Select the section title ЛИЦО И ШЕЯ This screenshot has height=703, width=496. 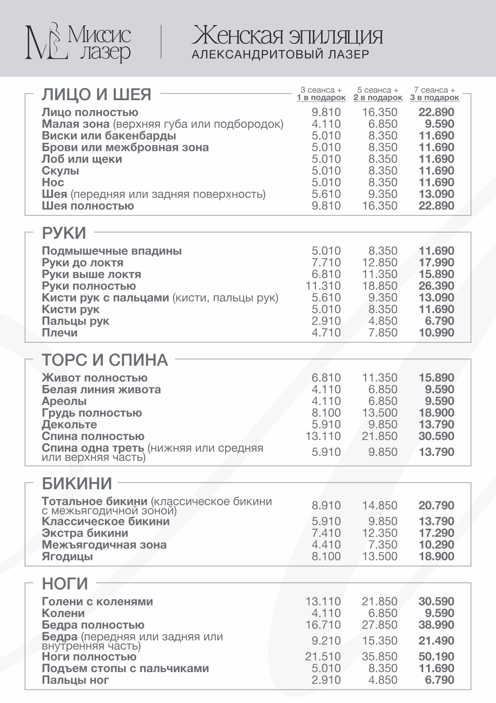click(x=96, y=94)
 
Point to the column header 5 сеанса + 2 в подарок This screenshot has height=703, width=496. click(x=378, y=94)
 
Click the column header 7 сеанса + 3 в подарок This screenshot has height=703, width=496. click(x=434, y=94)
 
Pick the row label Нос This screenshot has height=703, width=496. click(x=53, y=183)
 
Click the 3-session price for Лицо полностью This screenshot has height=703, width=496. click(x=326, y=112)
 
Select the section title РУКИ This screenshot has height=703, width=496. click(x=64, y=233)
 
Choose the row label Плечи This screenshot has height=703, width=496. click(x=59, y=333)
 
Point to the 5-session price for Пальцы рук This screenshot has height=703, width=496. click(x=382, y=321)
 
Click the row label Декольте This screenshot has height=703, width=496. click(x=69, y=425)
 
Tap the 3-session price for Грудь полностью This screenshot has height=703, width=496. click(x=326, y=413)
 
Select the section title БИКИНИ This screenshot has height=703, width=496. click(x=77, y=484)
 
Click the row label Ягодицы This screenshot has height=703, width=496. click(x=67, y=556)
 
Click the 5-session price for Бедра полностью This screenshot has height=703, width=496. click(x=379, y=625)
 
